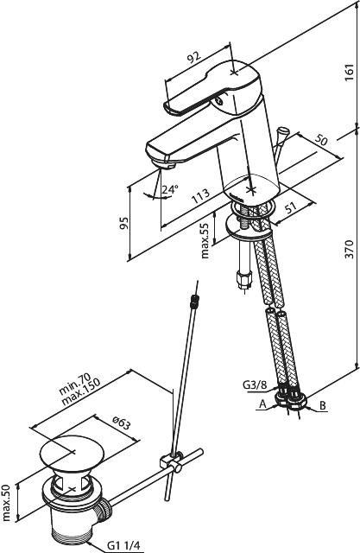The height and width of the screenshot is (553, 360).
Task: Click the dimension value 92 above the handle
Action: tap(193, 58)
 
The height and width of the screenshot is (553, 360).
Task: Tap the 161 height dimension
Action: tap(349, 73)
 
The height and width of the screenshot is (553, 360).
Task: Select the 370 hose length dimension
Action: tap(349, 250)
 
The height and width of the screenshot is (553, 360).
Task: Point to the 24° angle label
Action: tap(170, 189)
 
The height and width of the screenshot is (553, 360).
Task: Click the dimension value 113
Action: tap(200, 196)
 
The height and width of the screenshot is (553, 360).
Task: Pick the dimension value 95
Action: tap(123, 223)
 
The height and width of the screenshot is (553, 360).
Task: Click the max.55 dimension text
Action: tap(205, 241)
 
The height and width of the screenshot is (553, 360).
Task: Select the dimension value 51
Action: tap(291, 208)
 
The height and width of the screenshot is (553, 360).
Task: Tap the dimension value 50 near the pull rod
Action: tap(320, 140)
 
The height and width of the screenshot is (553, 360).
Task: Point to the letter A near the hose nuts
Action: tap(262, 404)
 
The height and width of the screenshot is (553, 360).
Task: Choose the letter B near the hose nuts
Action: tap(323, 405)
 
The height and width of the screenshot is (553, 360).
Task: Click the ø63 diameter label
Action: tap(122, 422)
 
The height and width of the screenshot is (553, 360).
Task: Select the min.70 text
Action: tap(75, 384)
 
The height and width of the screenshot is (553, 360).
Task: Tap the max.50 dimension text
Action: tap(7, 502)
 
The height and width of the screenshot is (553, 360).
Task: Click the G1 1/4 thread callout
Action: tap(123, 545)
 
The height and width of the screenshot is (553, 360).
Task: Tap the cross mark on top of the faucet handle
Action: tap(234, 73)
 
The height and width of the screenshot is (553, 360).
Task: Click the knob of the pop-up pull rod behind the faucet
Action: tap(282, 132)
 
